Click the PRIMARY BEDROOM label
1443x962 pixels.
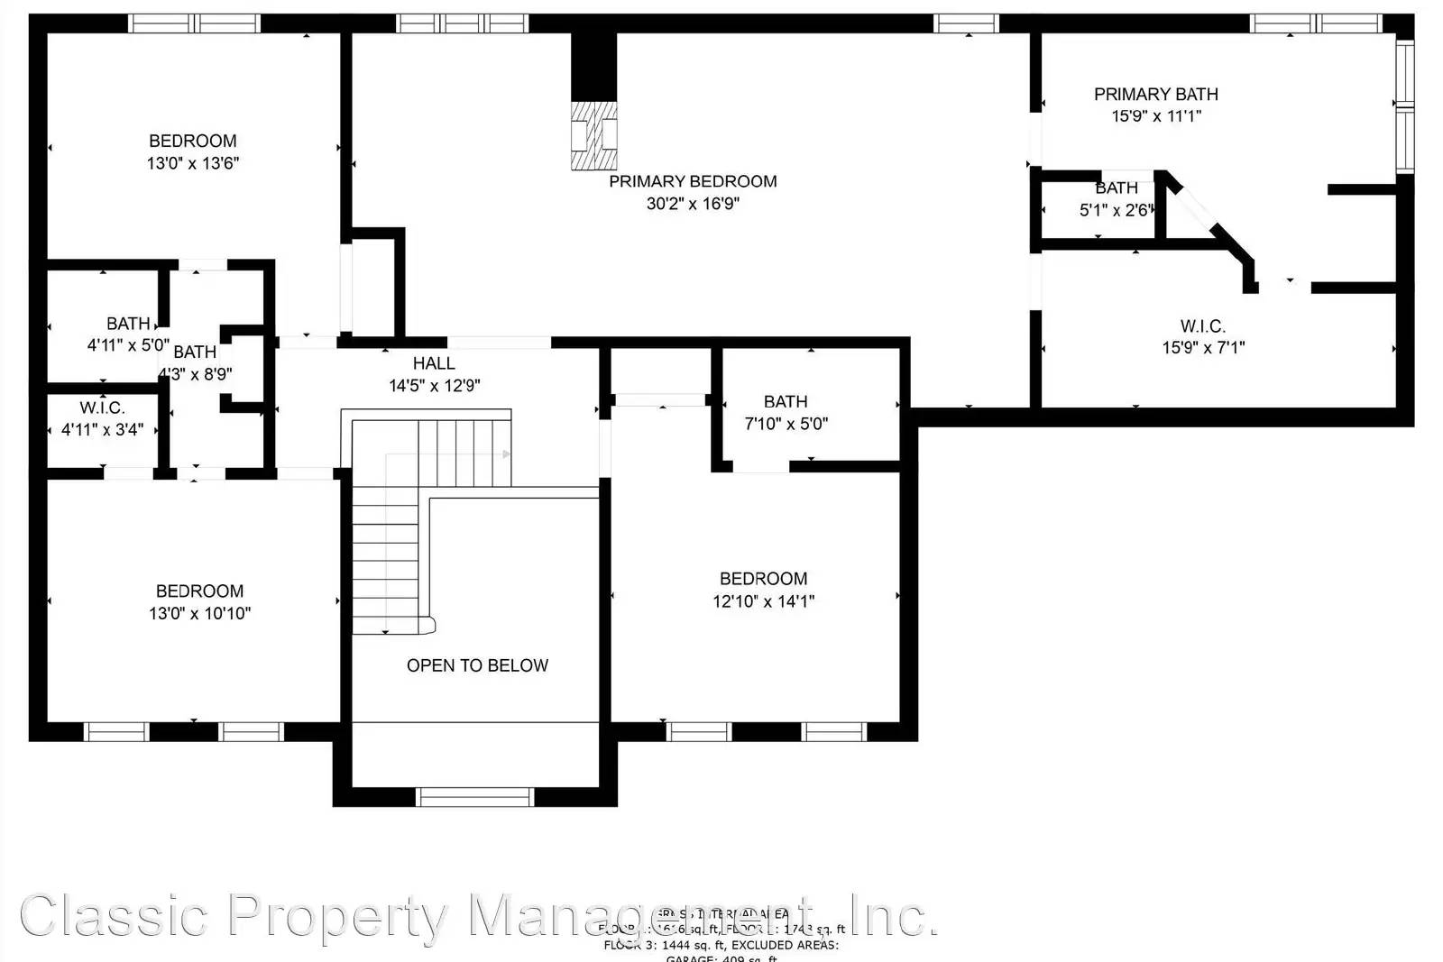pos(693,181)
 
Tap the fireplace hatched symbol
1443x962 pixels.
pos(594,135)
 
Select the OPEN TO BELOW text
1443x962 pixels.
pos(477,665)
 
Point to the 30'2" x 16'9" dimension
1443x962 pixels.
pos(693,204)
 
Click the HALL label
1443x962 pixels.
pos(434,363)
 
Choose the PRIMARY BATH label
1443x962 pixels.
pos(1155,94)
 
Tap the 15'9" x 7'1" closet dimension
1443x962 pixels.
pos(1203,348)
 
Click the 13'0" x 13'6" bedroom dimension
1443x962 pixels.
pos(193,163)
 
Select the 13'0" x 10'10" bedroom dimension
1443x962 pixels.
pos(199,613)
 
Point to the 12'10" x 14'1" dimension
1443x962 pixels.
pos(763,601)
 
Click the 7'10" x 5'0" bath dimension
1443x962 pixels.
pos(786,424)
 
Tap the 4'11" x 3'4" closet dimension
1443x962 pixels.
pos(102,430)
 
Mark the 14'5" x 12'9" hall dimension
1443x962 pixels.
pos(434,386)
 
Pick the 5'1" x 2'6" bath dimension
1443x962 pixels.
pos(1117,211)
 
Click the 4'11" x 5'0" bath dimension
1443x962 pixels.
pos(128,344)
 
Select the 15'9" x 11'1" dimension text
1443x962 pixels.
pos(1156,116)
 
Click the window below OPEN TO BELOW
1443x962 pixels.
pos(474,797)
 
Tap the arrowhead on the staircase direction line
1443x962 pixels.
pos(507,454)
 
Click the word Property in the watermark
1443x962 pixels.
pos(338,916)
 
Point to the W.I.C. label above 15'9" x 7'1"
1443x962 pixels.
pos(1203,326)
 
